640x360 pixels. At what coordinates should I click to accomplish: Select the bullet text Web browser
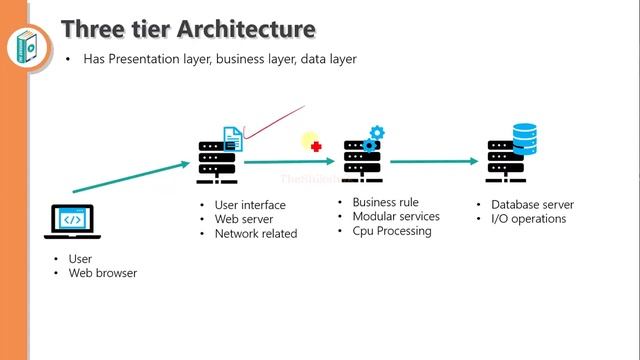(x=102, y=273)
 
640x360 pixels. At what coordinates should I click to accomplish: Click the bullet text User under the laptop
(x=80, y=259)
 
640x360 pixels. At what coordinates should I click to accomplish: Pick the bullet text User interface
(x=250, y=205)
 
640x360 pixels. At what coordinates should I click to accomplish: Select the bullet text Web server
(x=243, y=219)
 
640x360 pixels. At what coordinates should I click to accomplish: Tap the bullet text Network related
(x=255, y=233)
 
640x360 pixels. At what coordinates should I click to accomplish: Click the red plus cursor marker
(x=316, y=146)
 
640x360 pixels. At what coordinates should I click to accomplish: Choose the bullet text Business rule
(x=385, y=202)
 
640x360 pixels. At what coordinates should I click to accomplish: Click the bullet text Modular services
(x=395, y=216)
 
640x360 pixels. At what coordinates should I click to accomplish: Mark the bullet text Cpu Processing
(x=391, y=231)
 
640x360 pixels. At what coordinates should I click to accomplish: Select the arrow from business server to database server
(x=435, y=160)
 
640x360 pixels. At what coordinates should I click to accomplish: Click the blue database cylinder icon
(x=524, y=136)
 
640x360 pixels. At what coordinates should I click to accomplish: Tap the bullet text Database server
(x=532, y=205)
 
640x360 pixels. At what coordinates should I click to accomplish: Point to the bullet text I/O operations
(x=528, y=219)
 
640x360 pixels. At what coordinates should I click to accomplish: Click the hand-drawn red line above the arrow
(x=275, y=120)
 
